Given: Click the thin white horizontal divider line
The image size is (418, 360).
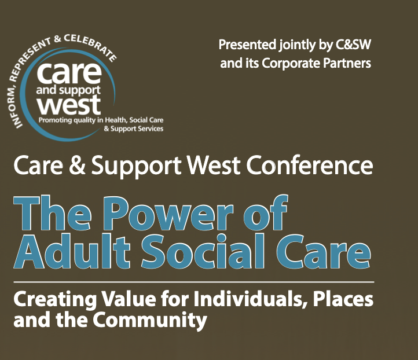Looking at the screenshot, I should coord(193,281).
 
